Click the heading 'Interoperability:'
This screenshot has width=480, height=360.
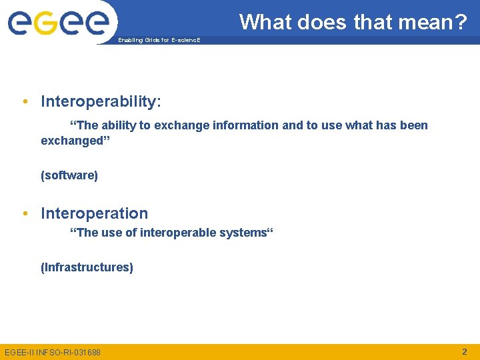[x=101, y=101]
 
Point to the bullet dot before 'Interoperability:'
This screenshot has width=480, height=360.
[x=25, y=101]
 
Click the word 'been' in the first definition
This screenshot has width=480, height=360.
[x=413, y=125]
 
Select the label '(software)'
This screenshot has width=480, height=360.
[x=69, y=175]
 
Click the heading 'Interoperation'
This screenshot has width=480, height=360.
[x=94, y=213]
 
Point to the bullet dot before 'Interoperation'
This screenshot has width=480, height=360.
[x=25, y=213]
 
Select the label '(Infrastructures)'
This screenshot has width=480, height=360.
[x=87, y=267]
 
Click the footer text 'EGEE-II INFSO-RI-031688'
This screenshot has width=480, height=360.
[x=53, y=352]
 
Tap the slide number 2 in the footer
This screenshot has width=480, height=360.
[x=465, y=351]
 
